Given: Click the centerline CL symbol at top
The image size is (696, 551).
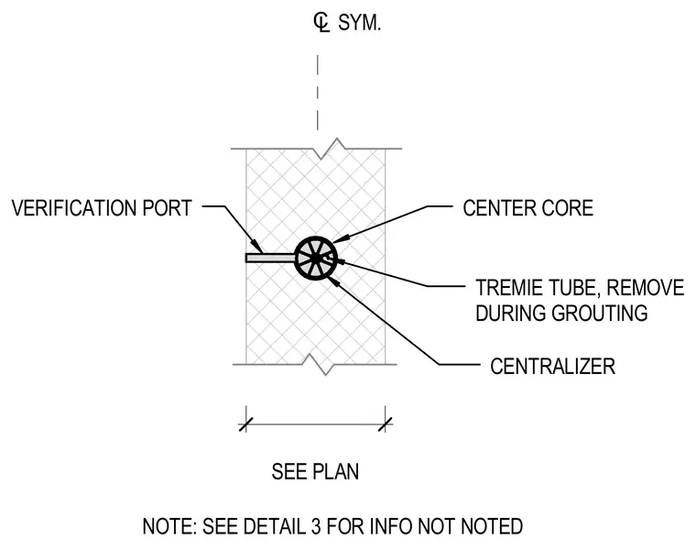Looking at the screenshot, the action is [x=321, y=23].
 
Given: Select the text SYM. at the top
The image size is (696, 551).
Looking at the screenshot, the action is [x=360, y=23].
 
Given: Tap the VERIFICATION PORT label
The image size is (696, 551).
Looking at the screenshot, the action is [x=102, y=208].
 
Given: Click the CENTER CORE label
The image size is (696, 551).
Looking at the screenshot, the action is [x=527, y=208].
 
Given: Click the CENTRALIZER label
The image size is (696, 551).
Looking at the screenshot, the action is [x=552, y=367].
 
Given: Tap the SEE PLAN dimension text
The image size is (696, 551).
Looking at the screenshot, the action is [x=315, y=471].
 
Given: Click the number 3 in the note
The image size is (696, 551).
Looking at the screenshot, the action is [x=316, y=526].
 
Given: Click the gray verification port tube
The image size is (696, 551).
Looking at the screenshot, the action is [x=271, y=258].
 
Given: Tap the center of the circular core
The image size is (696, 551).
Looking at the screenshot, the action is [x=316, y=259].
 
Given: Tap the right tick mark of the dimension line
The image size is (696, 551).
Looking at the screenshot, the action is [x=386, y=424].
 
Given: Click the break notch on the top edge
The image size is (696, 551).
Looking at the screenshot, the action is [x=330, y=149].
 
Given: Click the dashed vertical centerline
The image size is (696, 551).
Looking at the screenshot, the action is [x=318, y=93].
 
